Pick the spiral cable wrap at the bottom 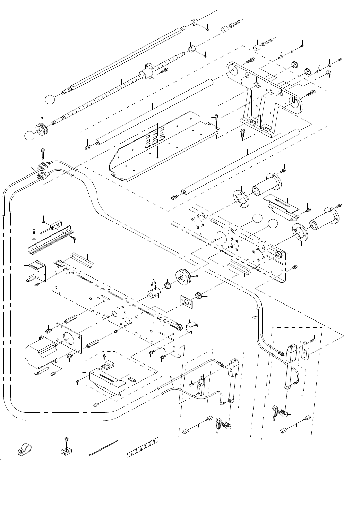click(x=143, y=449)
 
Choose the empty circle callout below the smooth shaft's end click(x=50, y=99)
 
